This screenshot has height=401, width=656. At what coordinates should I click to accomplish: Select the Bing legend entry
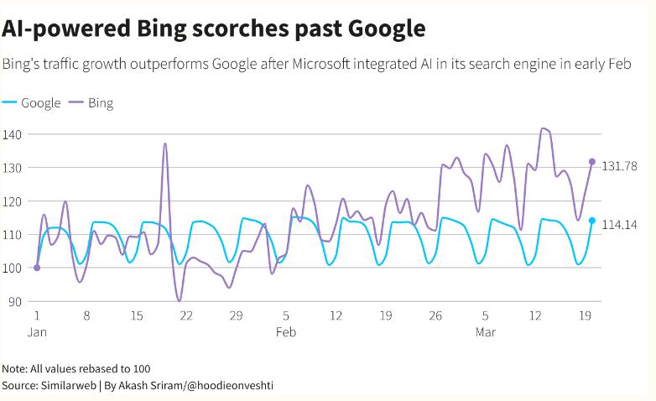point(91,103)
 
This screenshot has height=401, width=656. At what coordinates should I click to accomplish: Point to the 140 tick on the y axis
point(13,134)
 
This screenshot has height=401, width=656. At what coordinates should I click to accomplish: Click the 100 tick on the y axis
point(13,268)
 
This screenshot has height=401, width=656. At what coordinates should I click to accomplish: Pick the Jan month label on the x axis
point(37,332)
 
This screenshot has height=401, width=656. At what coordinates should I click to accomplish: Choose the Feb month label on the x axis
point(286,332)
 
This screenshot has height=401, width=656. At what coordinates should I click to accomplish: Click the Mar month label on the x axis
point(485,332)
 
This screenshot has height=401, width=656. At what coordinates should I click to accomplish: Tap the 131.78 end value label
point(620,166)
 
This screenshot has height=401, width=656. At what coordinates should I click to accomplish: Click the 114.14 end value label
point(620,225)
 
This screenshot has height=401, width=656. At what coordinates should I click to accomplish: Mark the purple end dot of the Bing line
point(592,162)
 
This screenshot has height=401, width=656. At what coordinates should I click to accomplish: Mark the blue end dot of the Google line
point(592,221)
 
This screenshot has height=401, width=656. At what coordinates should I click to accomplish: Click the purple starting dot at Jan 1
point(37,268)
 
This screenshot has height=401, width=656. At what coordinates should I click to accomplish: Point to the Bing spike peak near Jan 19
point(165,143)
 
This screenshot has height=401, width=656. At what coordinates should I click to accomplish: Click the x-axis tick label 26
point(435,315)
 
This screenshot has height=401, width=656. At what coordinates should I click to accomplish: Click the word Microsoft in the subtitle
point(324,65)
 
